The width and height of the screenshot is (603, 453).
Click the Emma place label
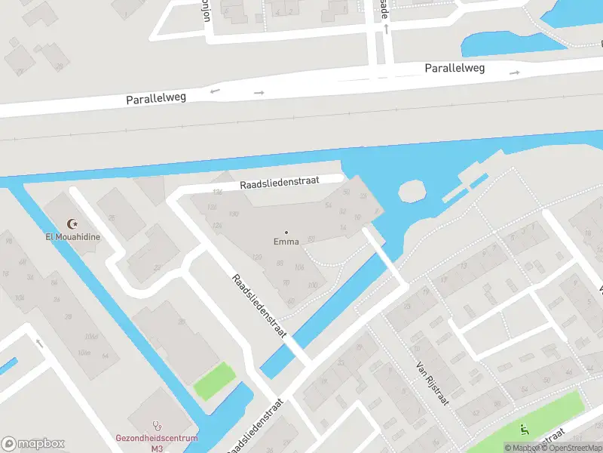(x=286, y=242)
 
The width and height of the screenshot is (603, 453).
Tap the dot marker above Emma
(x=286, y=232)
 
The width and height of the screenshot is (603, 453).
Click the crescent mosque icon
(x=72, y=223)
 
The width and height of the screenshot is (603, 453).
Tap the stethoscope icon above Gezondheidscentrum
(x=156, y=425)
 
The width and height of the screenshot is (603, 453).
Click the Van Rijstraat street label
(x=433, y=383)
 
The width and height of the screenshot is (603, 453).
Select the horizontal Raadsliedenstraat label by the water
(x=280, y=182)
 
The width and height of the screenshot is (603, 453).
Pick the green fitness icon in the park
(x=525, y=430)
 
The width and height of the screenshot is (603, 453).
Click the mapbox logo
(x=33, y=443)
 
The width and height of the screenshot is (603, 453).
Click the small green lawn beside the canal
(x=214, y=381)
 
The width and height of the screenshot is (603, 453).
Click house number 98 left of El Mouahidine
(x=9, y=242)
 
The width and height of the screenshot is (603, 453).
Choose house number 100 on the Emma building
(x=312, y=285)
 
